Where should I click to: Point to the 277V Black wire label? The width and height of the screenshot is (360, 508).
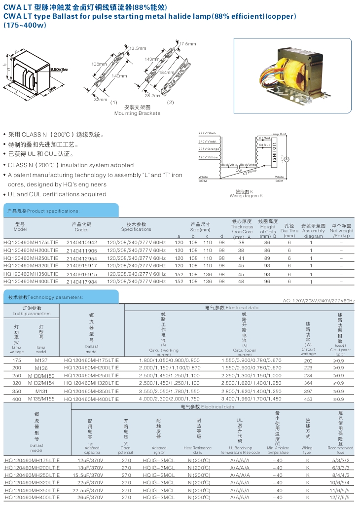(208, 134)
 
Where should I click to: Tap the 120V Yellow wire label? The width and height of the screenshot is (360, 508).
(208, 157)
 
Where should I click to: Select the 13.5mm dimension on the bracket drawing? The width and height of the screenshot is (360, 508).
(138, 48)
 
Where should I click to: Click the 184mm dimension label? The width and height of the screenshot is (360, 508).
(165, 73)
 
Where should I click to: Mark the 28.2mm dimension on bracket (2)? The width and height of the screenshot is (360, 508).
(153, 95)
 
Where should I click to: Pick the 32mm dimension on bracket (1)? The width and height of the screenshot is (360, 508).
(100, 99)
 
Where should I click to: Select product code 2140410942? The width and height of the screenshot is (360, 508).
(81, 243)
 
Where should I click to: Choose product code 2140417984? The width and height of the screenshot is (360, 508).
(81, 281)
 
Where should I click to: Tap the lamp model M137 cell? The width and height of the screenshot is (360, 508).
(41, 360)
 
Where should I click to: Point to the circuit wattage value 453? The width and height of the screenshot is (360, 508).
(309, 399)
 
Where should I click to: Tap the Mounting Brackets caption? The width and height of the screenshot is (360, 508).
(137, 113)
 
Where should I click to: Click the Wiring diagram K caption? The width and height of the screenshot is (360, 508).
(246, 196)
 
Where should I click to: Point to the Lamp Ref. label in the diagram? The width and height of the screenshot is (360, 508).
(278, 134)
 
